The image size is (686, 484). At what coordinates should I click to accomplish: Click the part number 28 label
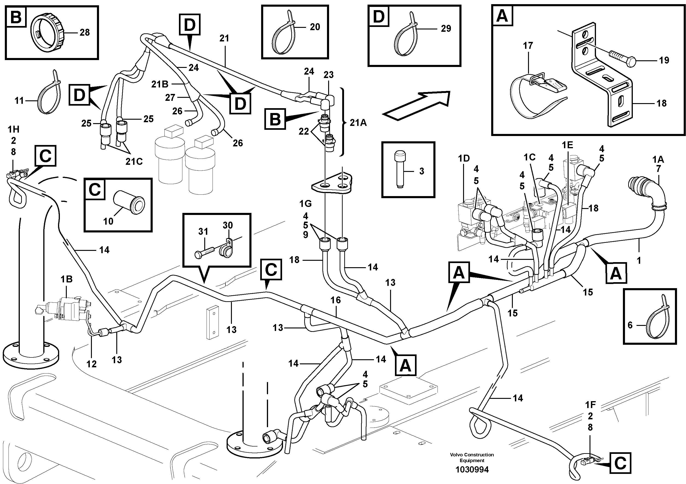coord(85,32)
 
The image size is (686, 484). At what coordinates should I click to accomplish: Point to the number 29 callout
coord(446,29)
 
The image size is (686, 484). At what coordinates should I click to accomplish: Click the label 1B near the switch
coord(66,279)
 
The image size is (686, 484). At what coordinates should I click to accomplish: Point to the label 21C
coord(134,162)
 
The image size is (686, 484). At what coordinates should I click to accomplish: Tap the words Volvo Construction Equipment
coord(472,458)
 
